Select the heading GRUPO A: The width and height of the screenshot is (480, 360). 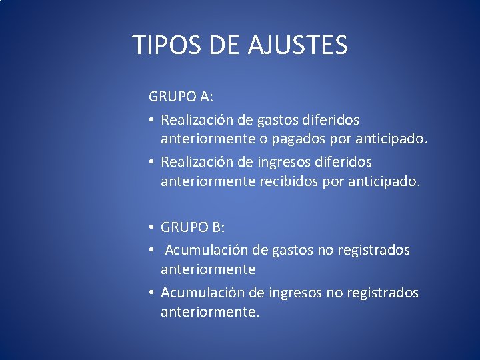coord(181,96)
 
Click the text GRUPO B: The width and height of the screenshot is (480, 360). coord(193,227)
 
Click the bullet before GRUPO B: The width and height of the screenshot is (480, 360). coord(152,227)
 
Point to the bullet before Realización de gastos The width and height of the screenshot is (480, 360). coord(152,121)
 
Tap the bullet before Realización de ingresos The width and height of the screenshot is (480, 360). coord(152,162)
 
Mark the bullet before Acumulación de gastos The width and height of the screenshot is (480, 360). coord(152,250)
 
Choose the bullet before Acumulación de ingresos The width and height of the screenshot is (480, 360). coord(152,293)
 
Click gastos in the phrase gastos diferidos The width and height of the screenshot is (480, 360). coord(281,121)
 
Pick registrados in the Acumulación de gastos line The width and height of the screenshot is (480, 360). coord(374,250)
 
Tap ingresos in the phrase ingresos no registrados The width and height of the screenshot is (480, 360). coord(297,293)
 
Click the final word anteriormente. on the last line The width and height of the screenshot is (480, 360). coord(209,312)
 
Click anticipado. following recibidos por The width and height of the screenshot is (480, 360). coord(385,182)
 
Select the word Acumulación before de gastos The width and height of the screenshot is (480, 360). coord(206,250)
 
